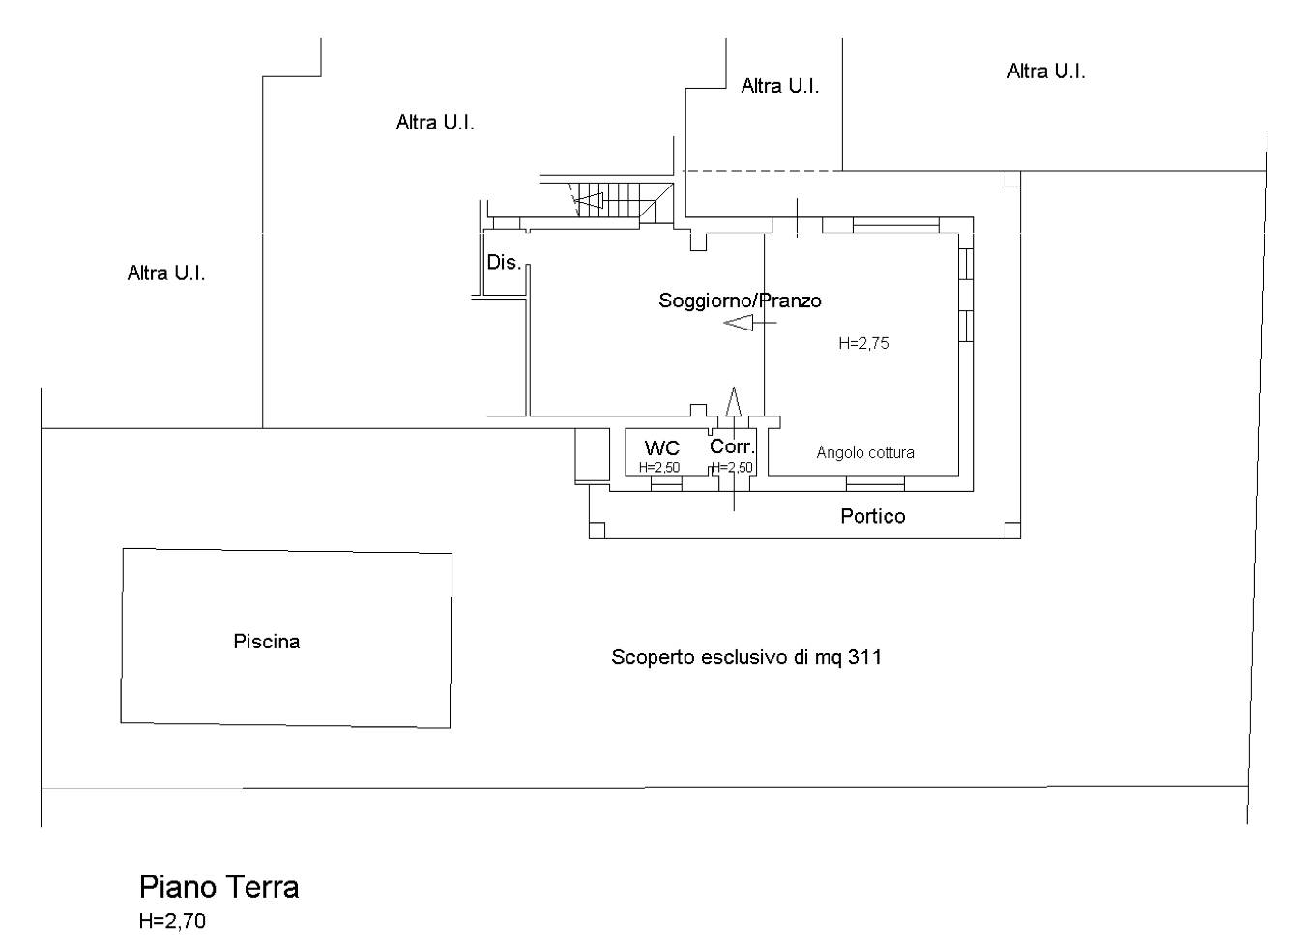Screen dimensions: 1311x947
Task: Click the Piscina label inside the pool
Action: click(266, 642)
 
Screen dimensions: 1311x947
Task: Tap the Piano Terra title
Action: click(218, 887)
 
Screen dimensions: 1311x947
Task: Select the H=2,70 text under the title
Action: click(172, 921)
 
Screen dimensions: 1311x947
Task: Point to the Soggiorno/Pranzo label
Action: click(740, 301)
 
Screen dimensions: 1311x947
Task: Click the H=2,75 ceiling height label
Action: click(863, 343)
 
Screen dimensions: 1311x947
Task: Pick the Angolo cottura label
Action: click(865, 453)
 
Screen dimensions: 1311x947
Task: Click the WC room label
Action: click(662, 448)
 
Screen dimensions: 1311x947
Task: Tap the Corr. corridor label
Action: click(732, 446)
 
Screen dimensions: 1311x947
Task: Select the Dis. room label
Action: click(504, 263)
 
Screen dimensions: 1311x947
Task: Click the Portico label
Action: click(873, 516)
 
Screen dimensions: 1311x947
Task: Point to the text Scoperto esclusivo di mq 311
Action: click(746, 657)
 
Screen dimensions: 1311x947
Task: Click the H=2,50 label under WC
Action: click(659, 468)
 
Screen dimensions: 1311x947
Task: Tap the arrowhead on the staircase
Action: click(588, 201)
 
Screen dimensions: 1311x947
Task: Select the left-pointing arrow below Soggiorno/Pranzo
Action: click(750, 323)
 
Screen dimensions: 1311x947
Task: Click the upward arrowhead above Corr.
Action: click(734, 402)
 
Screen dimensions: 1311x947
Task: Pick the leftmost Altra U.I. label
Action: click(166, 273)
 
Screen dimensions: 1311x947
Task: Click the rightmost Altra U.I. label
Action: click(1046, 72)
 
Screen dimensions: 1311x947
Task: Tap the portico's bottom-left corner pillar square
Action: click(597, 530)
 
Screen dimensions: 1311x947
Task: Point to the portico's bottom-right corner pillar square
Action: click(1012, 530)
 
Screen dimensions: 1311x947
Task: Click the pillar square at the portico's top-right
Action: click(1012, 179)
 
